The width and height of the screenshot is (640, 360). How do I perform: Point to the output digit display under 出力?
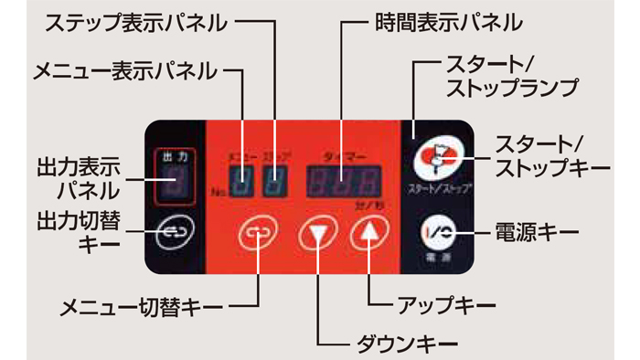point(174,182)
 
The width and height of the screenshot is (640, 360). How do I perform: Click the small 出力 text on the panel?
point(174,156)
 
